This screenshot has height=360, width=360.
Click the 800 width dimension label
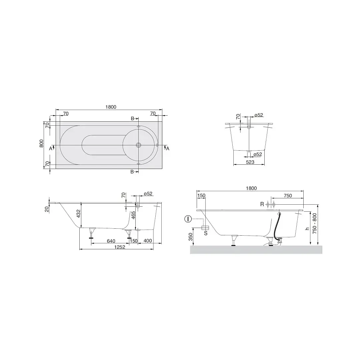pyautogui.click(x=41, y=143)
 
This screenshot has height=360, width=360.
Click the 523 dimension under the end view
pyautogui.click(x=250, y=162)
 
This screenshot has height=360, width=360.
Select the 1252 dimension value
pyautogui.click(x=120, y=247)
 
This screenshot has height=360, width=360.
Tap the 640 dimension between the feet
pyautogui.click(x=111, y=241)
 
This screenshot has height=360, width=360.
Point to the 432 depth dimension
pyautogui.click(x=79, y=214)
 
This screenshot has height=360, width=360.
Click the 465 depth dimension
pyautogui.click(x=133, y=216)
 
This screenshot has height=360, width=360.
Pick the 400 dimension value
pyautogui.click(x=148, y=241)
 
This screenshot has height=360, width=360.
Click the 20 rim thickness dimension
pyautogui.click(x=47, y=209)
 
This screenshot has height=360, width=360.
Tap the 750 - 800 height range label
pyautogui.click(x=315, y=223)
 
